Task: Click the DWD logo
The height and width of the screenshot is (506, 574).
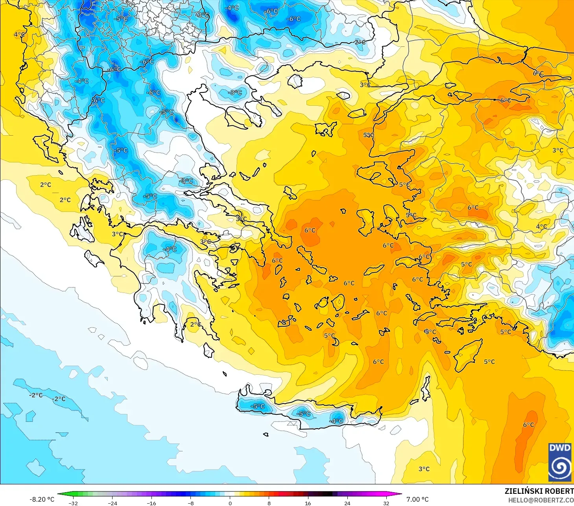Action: [560, 462]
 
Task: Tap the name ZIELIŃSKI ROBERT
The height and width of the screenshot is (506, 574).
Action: [539, 491]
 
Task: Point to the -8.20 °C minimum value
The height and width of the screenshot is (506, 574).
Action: [42, 499]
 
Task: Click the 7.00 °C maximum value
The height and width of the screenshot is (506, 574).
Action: [417, 499]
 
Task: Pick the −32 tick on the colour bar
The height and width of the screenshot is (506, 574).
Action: [73, 503]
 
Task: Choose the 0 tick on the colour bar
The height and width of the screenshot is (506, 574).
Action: [230, 503]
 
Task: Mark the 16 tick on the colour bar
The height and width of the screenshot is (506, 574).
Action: [308, 503]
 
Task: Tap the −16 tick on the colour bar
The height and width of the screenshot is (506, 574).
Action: [151, 503]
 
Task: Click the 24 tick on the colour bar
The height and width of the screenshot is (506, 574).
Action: [347, 503]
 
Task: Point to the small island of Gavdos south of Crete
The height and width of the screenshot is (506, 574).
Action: [266, 434]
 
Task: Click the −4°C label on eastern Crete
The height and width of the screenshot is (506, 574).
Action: [337, 421]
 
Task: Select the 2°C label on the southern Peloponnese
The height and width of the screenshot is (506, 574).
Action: [196, 324]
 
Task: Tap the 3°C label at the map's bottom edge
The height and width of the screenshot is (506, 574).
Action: [424, 469]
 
